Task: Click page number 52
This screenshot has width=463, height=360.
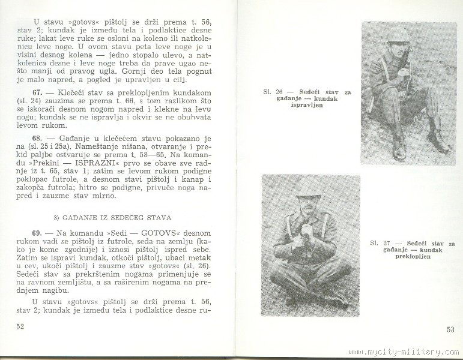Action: [21, 326]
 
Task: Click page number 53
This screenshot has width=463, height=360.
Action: [450, 329]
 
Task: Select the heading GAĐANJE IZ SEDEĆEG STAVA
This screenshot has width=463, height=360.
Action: [115, 217]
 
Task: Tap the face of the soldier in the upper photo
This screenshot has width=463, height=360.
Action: [398, 47]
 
